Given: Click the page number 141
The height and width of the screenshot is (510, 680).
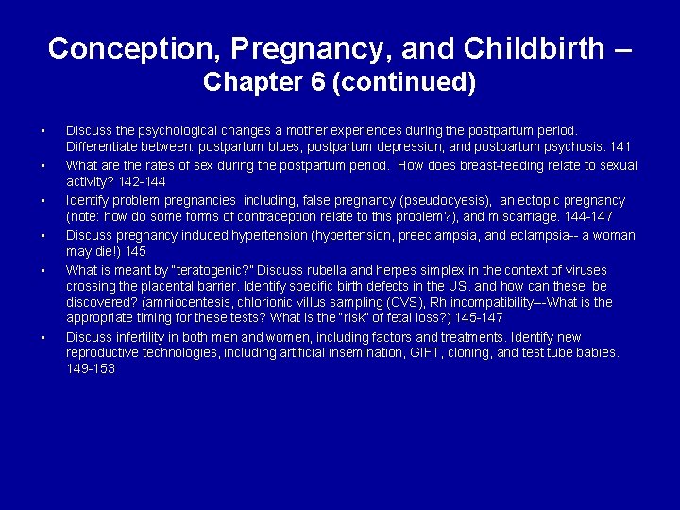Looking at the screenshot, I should tap(620, 147).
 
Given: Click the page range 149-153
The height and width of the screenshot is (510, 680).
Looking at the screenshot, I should tap(91, 369).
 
